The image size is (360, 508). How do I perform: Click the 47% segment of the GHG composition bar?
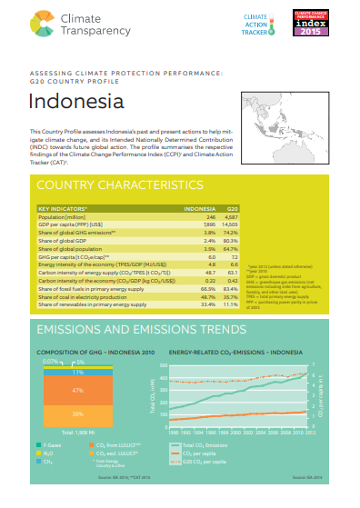pos(78,389)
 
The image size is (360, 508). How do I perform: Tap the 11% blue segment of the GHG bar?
pos(78,373)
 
